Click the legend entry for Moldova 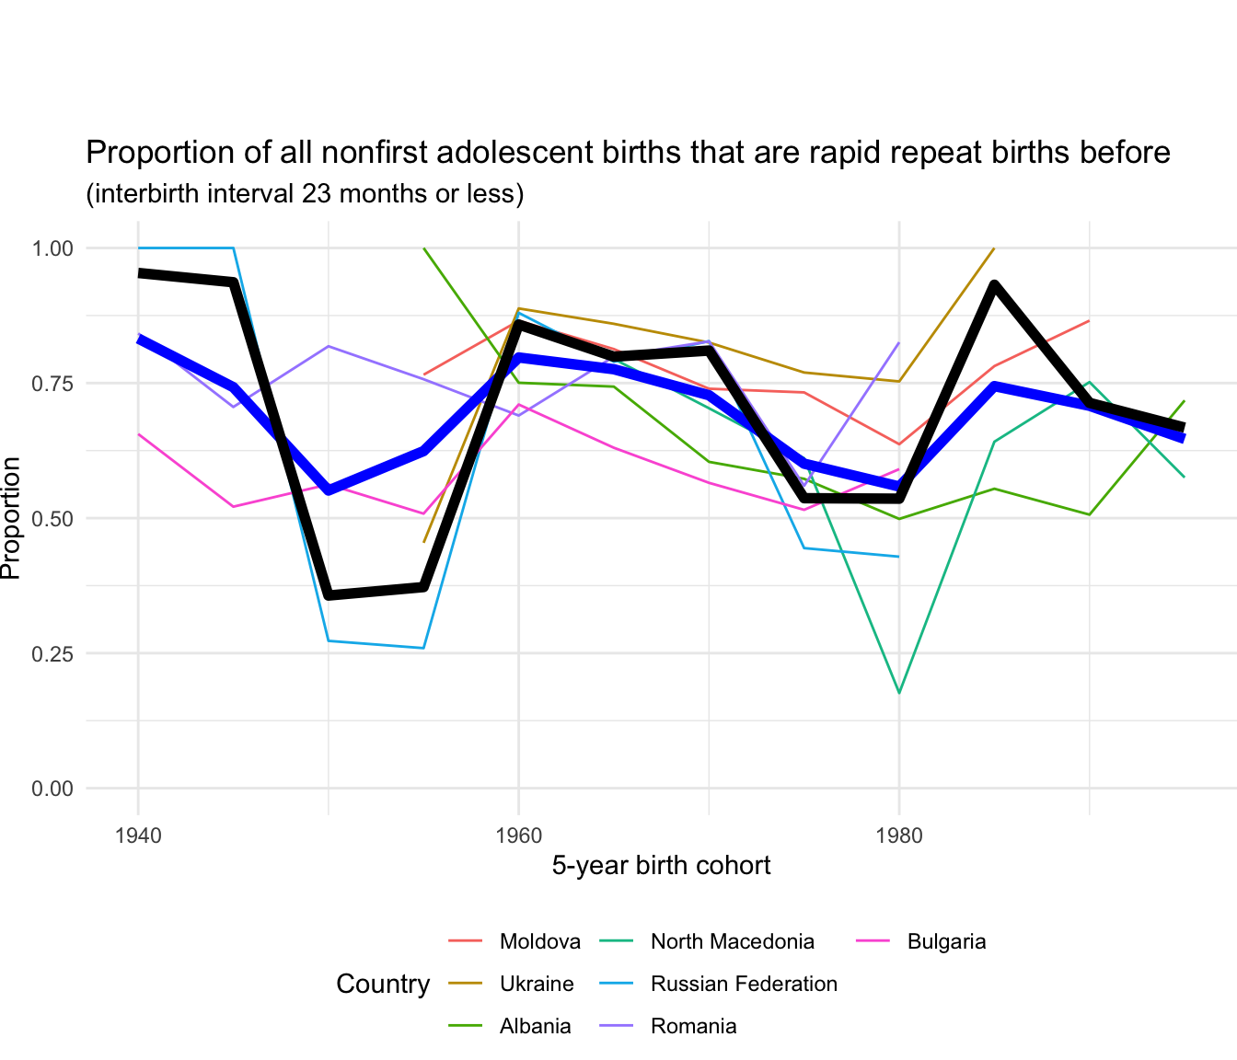tap(539, 941)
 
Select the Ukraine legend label tap(536, 984)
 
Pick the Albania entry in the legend tap(535, 1026)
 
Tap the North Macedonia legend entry tap(732, 941)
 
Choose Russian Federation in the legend tap(744, 984)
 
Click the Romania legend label tap(693, 1026)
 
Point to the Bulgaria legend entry tap(946, 941)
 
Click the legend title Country tap(383, 984)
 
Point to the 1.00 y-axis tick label tap(52, 248)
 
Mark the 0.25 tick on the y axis tap(52, 653)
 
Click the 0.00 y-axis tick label tap(52, 789)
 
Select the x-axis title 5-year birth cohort tap(661, 866)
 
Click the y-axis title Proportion tap(11, 518)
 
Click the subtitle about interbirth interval tap(305, 194)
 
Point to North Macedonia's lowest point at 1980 tap(898, 692)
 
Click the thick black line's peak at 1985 tap(994, 285)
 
